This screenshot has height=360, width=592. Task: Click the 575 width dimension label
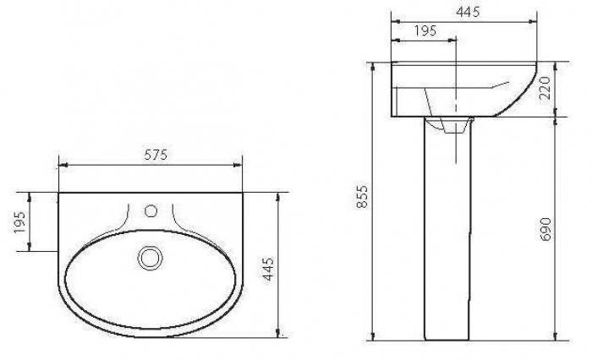coord(156,155)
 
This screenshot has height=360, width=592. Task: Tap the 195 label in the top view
coord(19,222)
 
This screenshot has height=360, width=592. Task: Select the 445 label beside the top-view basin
coord(268,269)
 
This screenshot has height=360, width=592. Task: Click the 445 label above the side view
coord(468,12)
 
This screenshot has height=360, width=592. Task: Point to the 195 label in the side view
coord(425,30)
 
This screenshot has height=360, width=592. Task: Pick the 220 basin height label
coord(545,88)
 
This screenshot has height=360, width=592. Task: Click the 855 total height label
coord(362,196)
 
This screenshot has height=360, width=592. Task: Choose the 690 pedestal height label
coord(545,229)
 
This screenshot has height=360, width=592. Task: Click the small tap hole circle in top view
coord(151,211)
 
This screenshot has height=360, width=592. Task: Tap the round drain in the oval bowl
coord(151,258)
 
